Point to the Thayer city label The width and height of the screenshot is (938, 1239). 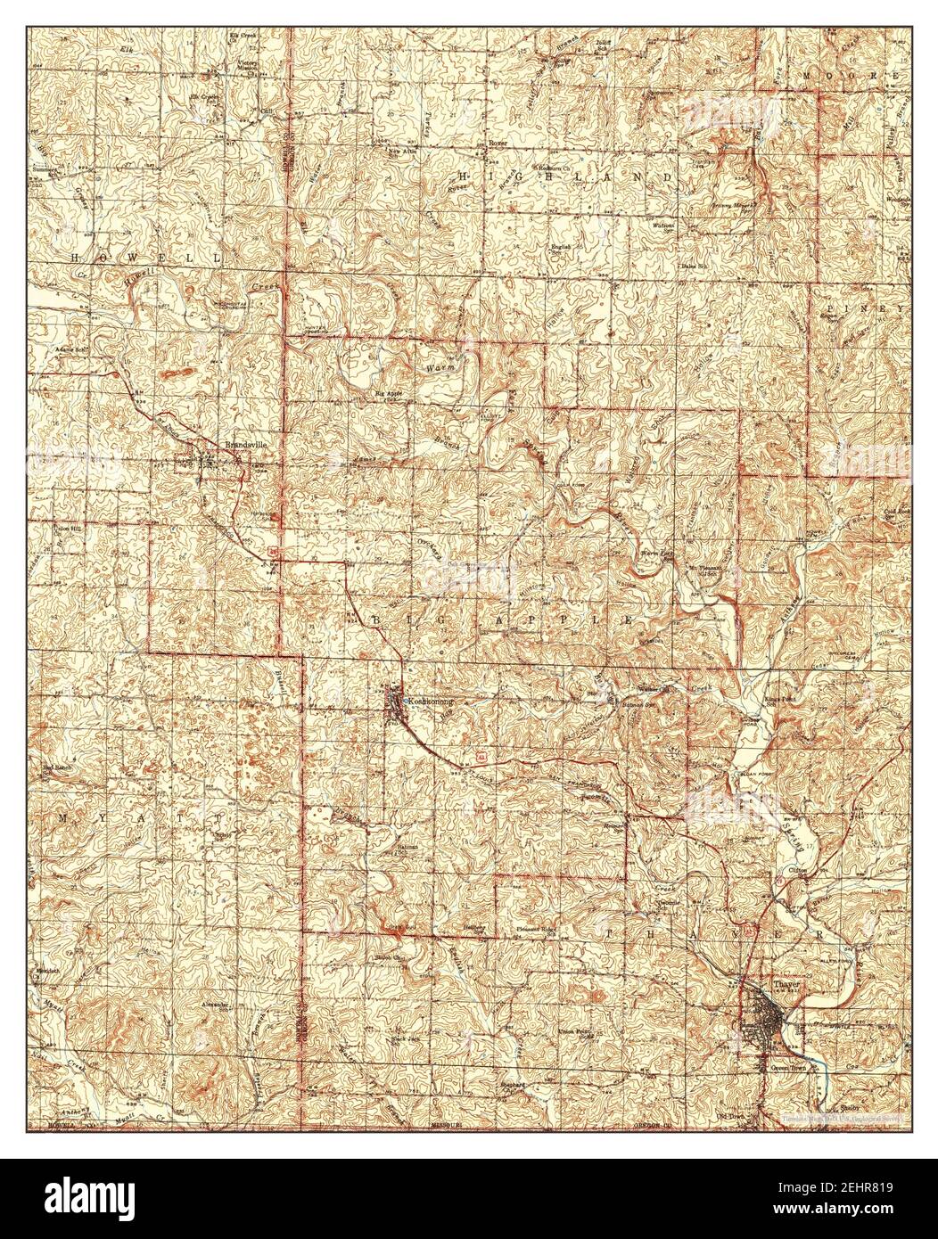click(x=787, y=984)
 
